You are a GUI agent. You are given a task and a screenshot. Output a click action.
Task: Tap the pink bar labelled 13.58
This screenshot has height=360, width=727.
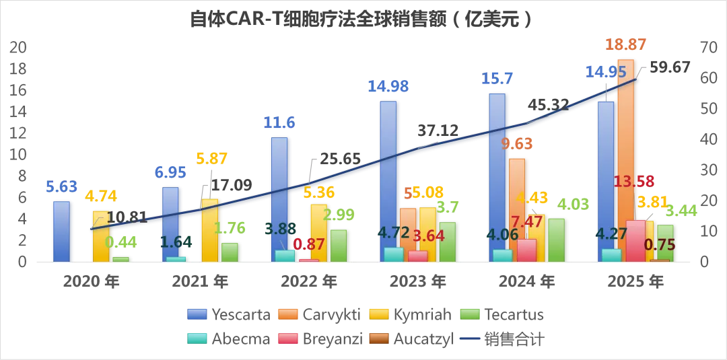click(x=635, y=240)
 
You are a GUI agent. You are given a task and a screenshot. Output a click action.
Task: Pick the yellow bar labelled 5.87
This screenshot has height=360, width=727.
click(x=209, y=229)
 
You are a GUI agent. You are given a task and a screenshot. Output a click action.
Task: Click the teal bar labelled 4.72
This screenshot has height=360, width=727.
click(x=393, y=254)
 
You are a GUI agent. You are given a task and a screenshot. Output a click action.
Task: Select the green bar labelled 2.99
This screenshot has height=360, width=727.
click(x=339, y=245)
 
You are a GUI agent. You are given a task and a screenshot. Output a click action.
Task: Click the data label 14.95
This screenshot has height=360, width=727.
click(x=606, y=72)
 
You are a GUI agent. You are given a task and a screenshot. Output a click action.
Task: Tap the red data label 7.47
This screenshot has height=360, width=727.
click(x=526, y=221)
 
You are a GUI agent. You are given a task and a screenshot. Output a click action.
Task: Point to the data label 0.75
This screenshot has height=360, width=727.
click(x=660, y=244)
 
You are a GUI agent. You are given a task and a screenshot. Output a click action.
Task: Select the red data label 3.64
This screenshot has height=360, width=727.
click(x=428, y=236)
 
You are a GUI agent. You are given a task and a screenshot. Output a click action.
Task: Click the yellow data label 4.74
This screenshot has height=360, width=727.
click(x=101, y=196)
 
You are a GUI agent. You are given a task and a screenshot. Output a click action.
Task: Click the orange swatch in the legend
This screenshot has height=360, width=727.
click(x=288, y=314)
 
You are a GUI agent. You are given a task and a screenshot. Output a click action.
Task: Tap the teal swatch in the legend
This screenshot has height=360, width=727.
click(x=197, y=337)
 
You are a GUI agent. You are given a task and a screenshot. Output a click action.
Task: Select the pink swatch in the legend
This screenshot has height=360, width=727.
click(x=288, y=337)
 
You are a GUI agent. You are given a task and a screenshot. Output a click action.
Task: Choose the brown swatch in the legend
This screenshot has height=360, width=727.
click(x=379, y=337)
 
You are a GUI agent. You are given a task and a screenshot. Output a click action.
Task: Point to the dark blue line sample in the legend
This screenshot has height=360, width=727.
click(x=471, y=337)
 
